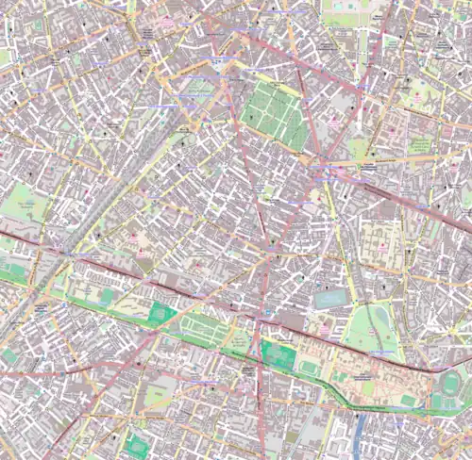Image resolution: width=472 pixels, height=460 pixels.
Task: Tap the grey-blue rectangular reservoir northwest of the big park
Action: click(x=330, y=299)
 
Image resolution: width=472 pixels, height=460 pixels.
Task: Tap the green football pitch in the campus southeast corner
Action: click(x=408, y=401)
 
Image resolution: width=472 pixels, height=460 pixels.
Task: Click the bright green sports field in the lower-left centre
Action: click(x=162, y=314)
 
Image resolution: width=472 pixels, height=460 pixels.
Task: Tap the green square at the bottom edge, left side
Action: click(x=138, y=444)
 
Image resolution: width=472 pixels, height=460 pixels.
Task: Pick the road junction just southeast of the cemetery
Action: click(x=318, y=171)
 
